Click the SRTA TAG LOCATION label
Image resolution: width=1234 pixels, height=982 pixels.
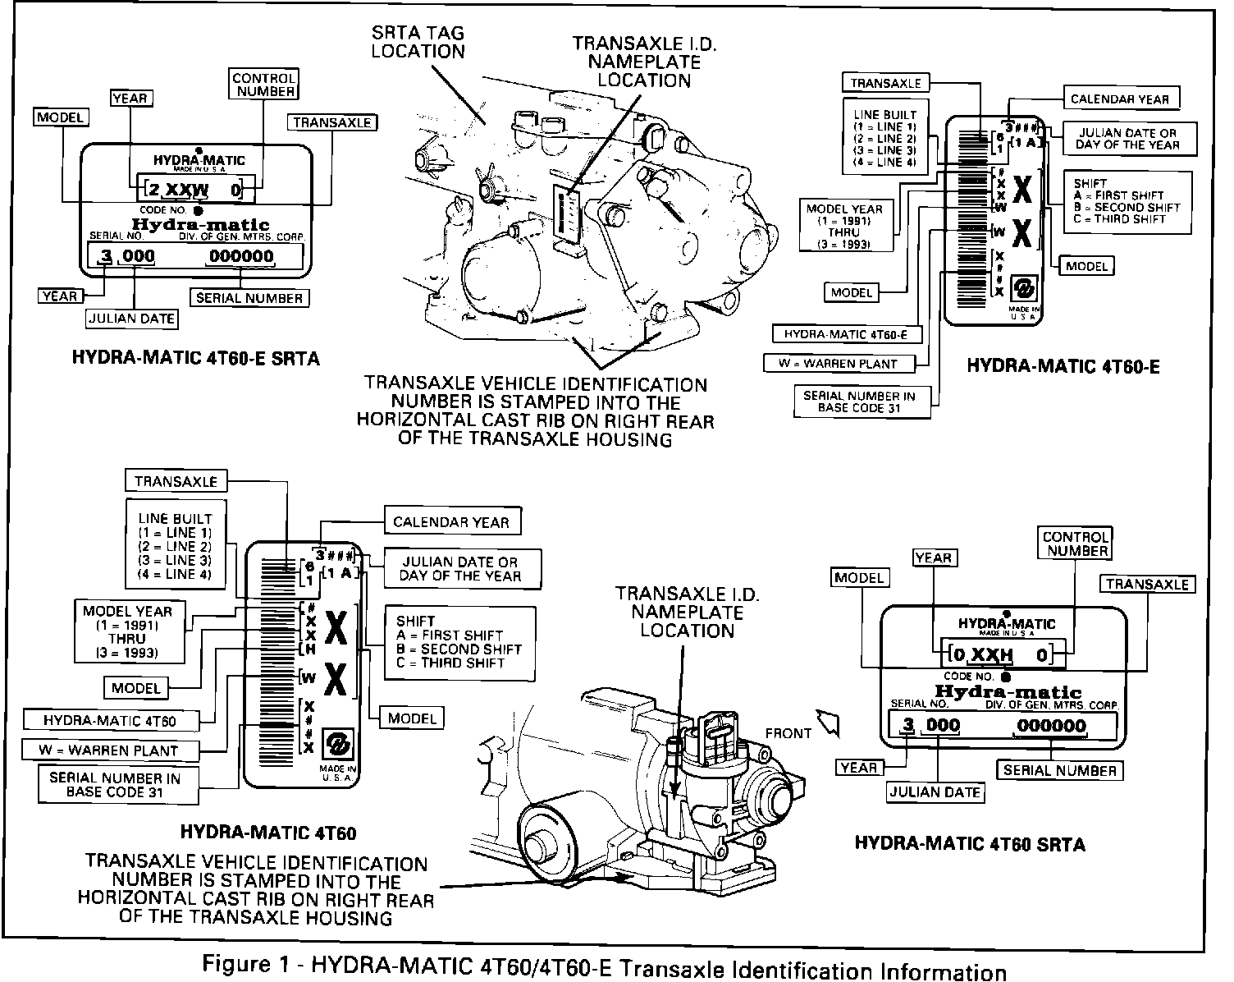click(x=418, y=42)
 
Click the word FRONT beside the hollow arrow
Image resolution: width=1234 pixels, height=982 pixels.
click(x=788, y=733)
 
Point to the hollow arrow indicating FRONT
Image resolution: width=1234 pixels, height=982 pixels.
click(x=831, y=722)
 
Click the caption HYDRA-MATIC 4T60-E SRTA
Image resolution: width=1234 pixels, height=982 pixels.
click(x=195, y=358)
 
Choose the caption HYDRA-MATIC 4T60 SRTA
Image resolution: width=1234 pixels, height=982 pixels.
click(x=970, y=843)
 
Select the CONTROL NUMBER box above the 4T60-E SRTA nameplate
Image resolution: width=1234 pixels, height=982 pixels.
click(x=264, y=85)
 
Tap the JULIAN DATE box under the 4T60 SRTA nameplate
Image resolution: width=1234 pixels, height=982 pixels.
click(x=935, y=792)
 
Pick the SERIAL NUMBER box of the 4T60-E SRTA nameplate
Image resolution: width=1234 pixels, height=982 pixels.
click(x=249, y=298)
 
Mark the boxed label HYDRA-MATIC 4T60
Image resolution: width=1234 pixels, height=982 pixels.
click(x=110, y=721)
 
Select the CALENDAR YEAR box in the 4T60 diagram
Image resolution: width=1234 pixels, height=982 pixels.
click(x=451, y=522)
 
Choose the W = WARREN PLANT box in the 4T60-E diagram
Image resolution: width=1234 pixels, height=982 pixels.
click(x=843, y=363)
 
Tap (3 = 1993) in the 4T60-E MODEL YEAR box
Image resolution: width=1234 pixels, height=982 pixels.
click(x=844, y=245)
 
